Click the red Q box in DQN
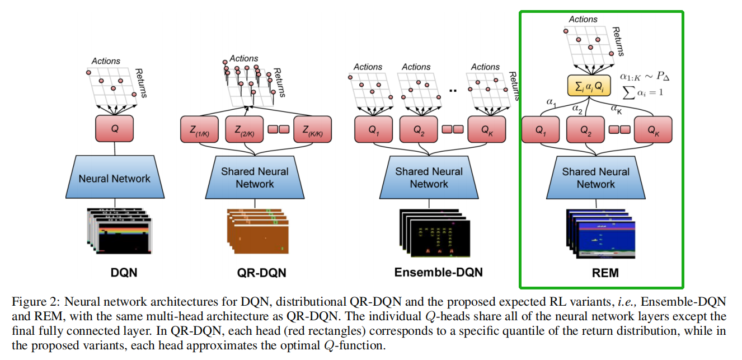[115, 128]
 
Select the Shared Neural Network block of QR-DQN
[255, 177]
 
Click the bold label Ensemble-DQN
[439, 273]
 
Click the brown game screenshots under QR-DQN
[256, 232]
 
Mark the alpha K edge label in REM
[617, 109]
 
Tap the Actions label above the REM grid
[583, 19]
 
